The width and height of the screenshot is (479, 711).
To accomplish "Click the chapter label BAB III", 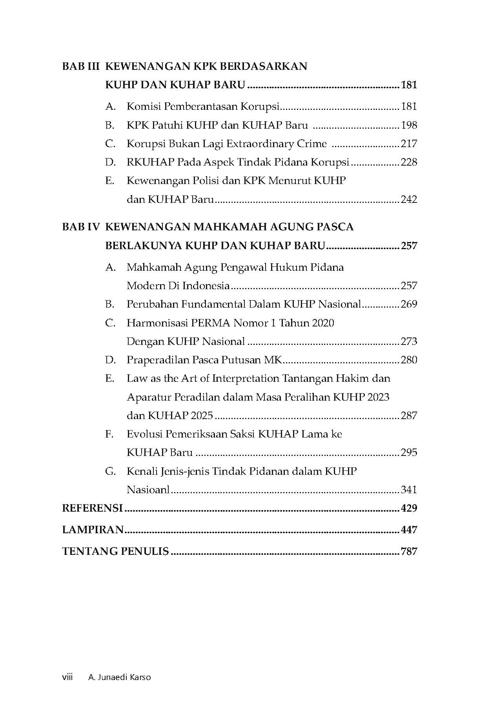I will tap(82, 66).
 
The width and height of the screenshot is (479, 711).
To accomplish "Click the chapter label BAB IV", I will tap(82, 227).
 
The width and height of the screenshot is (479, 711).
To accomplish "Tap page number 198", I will tap(409, 125).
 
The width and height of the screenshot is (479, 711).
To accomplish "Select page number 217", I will tap(409, 144).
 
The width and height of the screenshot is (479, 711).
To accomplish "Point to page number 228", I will tap(409, 162).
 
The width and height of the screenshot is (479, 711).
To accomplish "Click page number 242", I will tap(409, 199).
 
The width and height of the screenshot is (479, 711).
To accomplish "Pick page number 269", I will tap(409, 304).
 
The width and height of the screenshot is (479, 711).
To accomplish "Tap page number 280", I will tap(409, 360).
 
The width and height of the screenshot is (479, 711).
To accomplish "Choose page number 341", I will tap(409, 490).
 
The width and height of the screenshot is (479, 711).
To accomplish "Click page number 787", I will tap(409, 551).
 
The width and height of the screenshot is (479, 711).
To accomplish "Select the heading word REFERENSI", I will tap(93, 508).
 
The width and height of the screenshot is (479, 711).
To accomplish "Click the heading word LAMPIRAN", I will tap(93, 530).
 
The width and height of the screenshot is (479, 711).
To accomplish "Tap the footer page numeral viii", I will tap(67, 677).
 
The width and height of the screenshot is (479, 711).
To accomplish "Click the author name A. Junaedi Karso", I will tap(120, 677).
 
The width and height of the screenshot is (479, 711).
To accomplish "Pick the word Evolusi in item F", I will tap(144, 434).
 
